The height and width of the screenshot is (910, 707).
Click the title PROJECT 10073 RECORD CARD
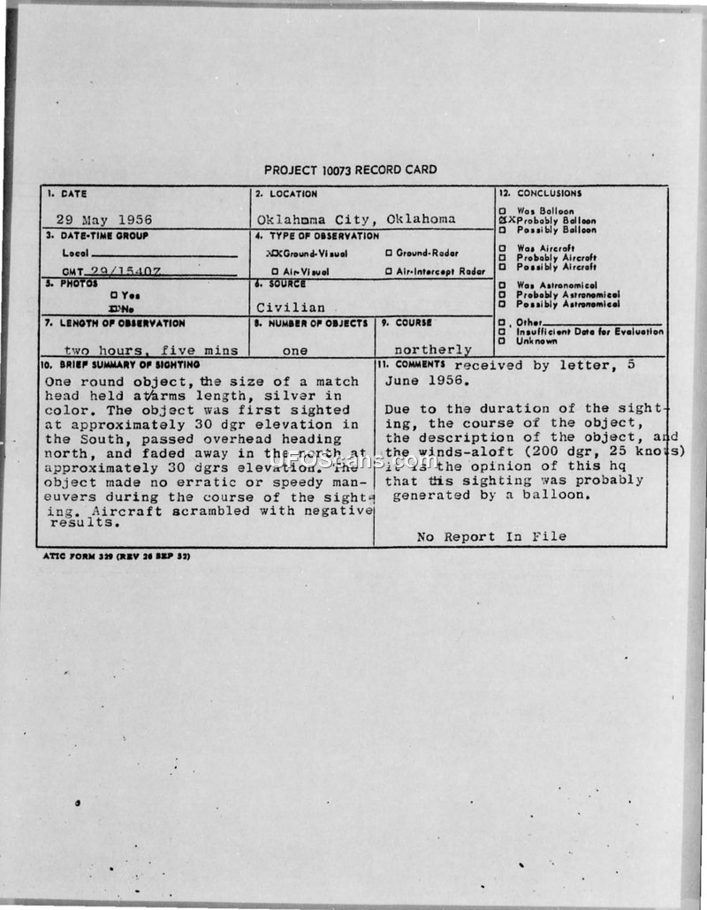pos(350,170)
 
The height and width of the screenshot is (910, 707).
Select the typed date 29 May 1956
pos(104,219)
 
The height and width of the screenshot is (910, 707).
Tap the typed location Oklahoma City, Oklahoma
pos(356,219)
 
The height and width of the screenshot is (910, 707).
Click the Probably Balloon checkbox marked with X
pos(502,221)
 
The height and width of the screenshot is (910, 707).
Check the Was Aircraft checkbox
pos(502,248)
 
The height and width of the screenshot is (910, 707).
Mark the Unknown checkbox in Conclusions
pos(502,341)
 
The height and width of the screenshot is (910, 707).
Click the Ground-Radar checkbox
pos(388,254)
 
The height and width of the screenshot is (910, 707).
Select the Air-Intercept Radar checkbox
pos(388,271)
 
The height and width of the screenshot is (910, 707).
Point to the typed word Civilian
pos(291,307)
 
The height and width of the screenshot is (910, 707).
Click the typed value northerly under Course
pos(433,350)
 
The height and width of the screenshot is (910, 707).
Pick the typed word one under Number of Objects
pos(295,350)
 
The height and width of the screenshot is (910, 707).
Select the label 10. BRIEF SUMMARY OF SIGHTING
pos(119,364)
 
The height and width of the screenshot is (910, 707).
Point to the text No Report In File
pos(491,536)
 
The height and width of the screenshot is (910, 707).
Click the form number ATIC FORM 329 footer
pos(116,557)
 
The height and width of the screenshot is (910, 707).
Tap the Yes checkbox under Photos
pos(114,295)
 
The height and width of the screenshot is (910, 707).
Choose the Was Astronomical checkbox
pos(502,285)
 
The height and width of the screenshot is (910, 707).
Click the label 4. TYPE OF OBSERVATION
pos(317,236)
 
